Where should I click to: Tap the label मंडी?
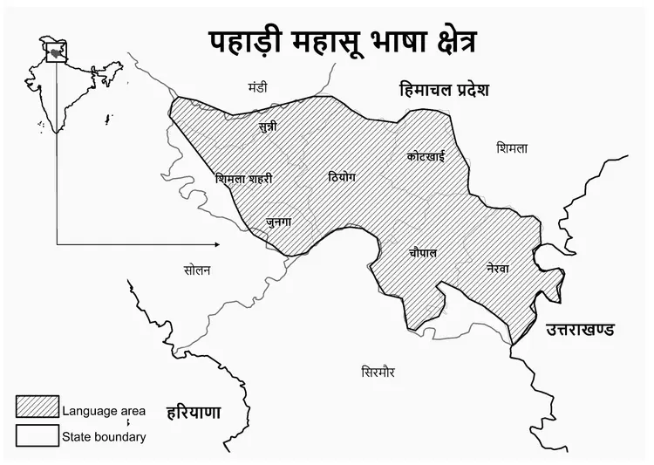[x=258, y=87]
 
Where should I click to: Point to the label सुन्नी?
[x=269, y=127]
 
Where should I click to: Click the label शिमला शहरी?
[x=243, y=179]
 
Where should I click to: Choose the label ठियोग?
[x=341, y=176]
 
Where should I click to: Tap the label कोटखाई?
[x=426, y=156]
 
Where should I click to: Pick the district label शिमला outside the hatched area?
[x=511, y=148]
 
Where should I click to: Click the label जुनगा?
[x=279, y=222]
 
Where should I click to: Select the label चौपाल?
[x=423, y=252]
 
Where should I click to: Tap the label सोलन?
[x=197, y=270]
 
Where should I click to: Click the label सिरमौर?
[x=378, y=372]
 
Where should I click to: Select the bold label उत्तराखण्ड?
[x=580, y=330]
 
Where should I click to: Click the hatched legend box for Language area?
[x=37, y=407]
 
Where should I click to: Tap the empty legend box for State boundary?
[x=37, y=434]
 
